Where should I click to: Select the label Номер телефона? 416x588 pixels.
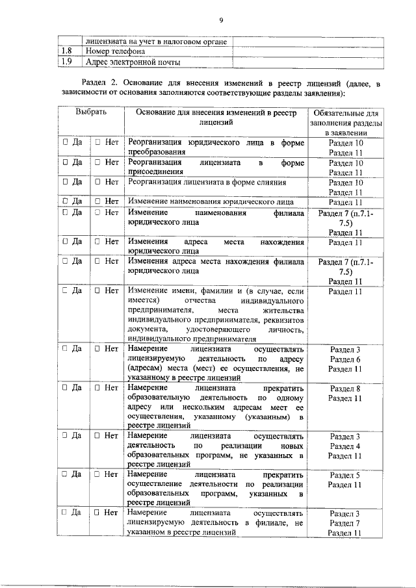[114, 51]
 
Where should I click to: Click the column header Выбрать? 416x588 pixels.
[90, 112]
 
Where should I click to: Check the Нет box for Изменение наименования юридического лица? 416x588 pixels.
[97, 201]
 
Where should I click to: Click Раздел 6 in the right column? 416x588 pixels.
[345, 359]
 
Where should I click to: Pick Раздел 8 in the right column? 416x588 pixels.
[345, 389]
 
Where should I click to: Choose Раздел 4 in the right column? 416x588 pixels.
[345, 446]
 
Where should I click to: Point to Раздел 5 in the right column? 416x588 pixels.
[345, 475]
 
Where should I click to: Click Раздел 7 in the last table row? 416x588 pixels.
[345, 523]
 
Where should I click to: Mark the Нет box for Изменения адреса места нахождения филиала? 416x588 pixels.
[97, 261]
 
